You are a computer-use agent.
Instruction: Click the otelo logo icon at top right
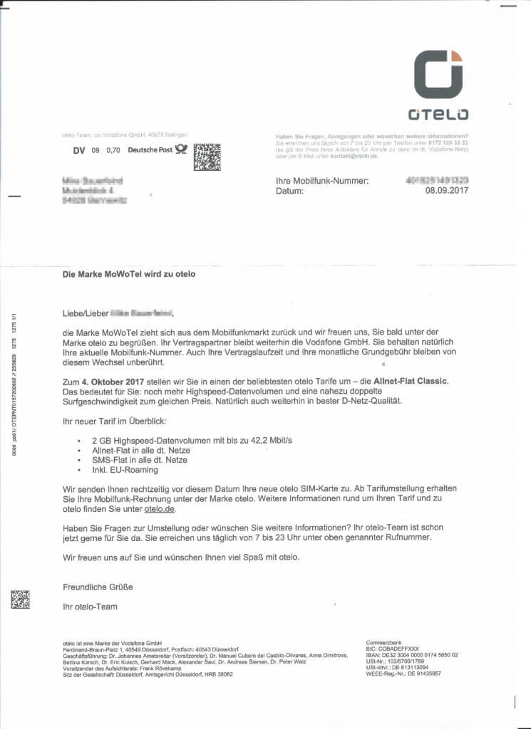point(438,74)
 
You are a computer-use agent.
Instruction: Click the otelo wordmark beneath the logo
point(438,114)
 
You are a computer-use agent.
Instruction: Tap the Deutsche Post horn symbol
point(181,150)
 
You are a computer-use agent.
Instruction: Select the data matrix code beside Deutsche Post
point(207,157)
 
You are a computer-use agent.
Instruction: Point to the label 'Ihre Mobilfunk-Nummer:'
point(322,181)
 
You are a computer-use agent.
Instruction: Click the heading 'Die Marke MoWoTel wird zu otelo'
point(128,274)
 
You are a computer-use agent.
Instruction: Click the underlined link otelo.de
point(159,510)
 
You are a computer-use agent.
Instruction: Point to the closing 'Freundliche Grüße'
point(98,587)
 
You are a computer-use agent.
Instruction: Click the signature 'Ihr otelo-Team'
point(90,607)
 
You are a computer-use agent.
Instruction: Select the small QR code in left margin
point(20,599)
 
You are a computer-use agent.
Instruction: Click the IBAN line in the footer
point(412,655)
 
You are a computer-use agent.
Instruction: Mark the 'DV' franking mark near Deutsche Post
point(79,150)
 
